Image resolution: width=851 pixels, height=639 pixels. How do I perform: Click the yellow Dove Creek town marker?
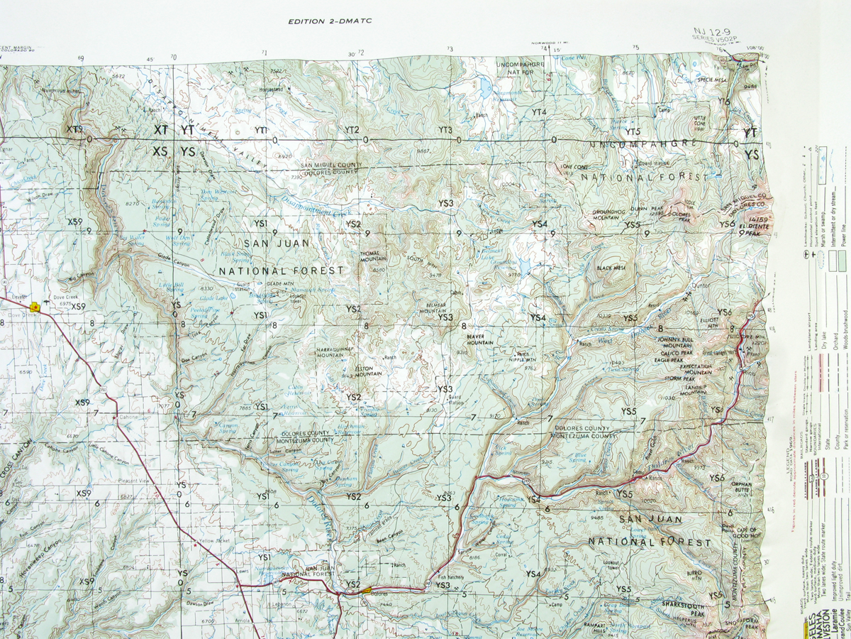click(34, 307)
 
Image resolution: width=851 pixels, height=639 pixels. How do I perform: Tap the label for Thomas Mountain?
click(373, 256)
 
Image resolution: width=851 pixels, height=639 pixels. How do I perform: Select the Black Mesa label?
click(609, 268)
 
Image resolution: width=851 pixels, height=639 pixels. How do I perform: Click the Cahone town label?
click(128, 417)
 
